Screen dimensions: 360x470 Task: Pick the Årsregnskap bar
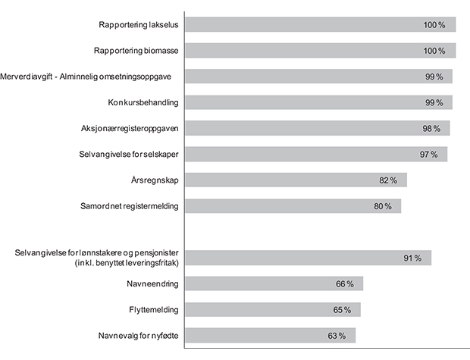pyautogui.click(x=296, y=180)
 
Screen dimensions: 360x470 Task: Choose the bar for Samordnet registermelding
pyautogui.click(x=293, y=205)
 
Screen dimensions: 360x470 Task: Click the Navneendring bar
pyautogui.click(x=274, y=283)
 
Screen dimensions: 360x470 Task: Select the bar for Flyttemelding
pyautogui.click(x=273, y=309)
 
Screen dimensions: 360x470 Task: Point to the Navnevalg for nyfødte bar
pyautogui.click(x=270, y=335)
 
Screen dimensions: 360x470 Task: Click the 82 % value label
pyautogui.click(x=388, y=180)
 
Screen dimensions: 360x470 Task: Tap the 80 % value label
pyautogui.click(x=382, y=206)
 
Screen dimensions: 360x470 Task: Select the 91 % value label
pyautogui.click(x=412, y=258)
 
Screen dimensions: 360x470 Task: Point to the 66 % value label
pyautogui.click(x=345, y=284)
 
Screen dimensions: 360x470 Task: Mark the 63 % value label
pyautogui.click(x=337, y=336)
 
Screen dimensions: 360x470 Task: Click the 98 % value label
pyautogui.click(x=431, y=129)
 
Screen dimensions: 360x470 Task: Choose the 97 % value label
pyautogui.click(x=429, y=155)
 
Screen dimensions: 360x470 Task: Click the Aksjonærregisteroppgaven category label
pyautogui.click(x=130, y=128)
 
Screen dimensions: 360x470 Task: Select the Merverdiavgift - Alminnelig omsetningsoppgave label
pyautogui.click(x=89, y=77)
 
